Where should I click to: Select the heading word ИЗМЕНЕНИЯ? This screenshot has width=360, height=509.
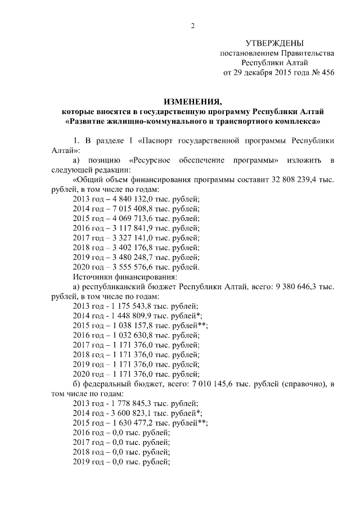(192, 101)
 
